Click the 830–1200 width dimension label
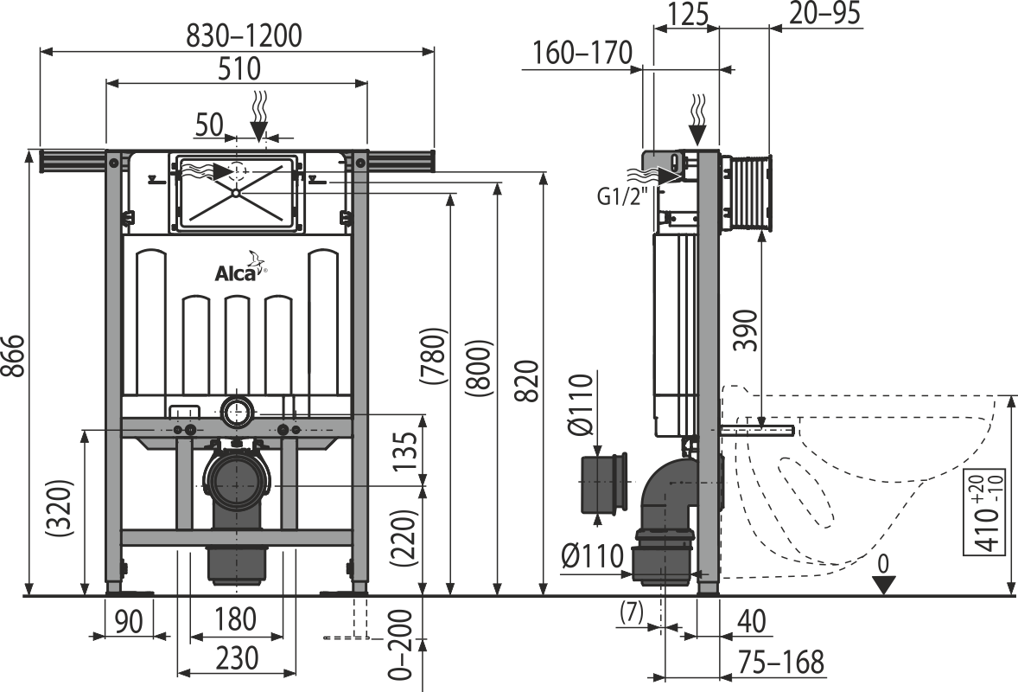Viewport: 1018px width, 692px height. click(244, 35)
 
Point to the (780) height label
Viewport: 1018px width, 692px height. click(434, 356)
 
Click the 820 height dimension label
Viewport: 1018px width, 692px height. click(529, 381)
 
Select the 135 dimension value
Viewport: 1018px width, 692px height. click(408, 452)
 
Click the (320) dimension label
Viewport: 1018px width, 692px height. click(59, 508)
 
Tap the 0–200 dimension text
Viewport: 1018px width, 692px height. click(403, 644)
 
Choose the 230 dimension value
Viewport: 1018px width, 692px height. click(236, 659)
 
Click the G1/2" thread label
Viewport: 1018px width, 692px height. click(623, 195)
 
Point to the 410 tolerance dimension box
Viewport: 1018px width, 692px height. click(985, 509)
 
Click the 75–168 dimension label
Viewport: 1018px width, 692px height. click(780, 663)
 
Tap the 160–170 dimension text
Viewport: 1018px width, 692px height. click(582, 53)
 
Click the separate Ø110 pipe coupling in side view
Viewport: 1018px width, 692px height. click(604, 484)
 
